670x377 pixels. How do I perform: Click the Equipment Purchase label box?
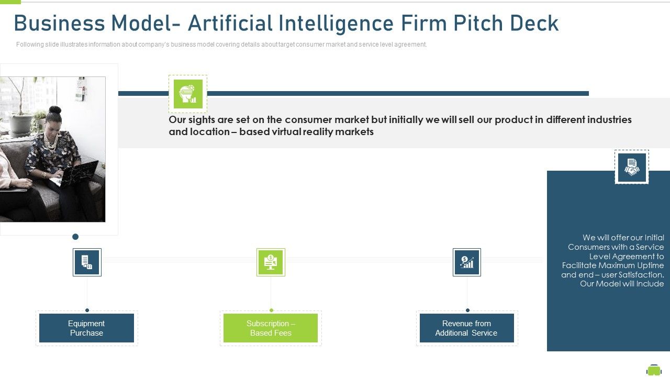[86, 328]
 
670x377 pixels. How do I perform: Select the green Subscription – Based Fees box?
[270, 328]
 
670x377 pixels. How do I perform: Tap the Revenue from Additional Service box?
[466, 328]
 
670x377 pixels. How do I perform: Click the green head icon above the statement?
[188, 94]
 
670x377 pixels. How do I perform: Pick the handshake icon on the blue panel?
[631, 167]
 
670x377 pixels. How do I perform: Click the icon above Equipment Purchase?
[87, 262]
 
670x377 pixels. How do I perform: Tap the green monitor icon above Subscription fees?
[271, 262]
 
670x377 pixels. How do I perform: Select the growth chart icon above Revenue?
[466, 262]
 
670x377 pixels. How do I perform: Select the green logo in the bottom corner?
[654, 370]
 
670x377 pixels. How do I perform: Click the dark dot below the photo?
[75, 237]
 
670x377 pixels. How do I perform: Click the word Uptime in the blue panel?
[649, 265]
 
